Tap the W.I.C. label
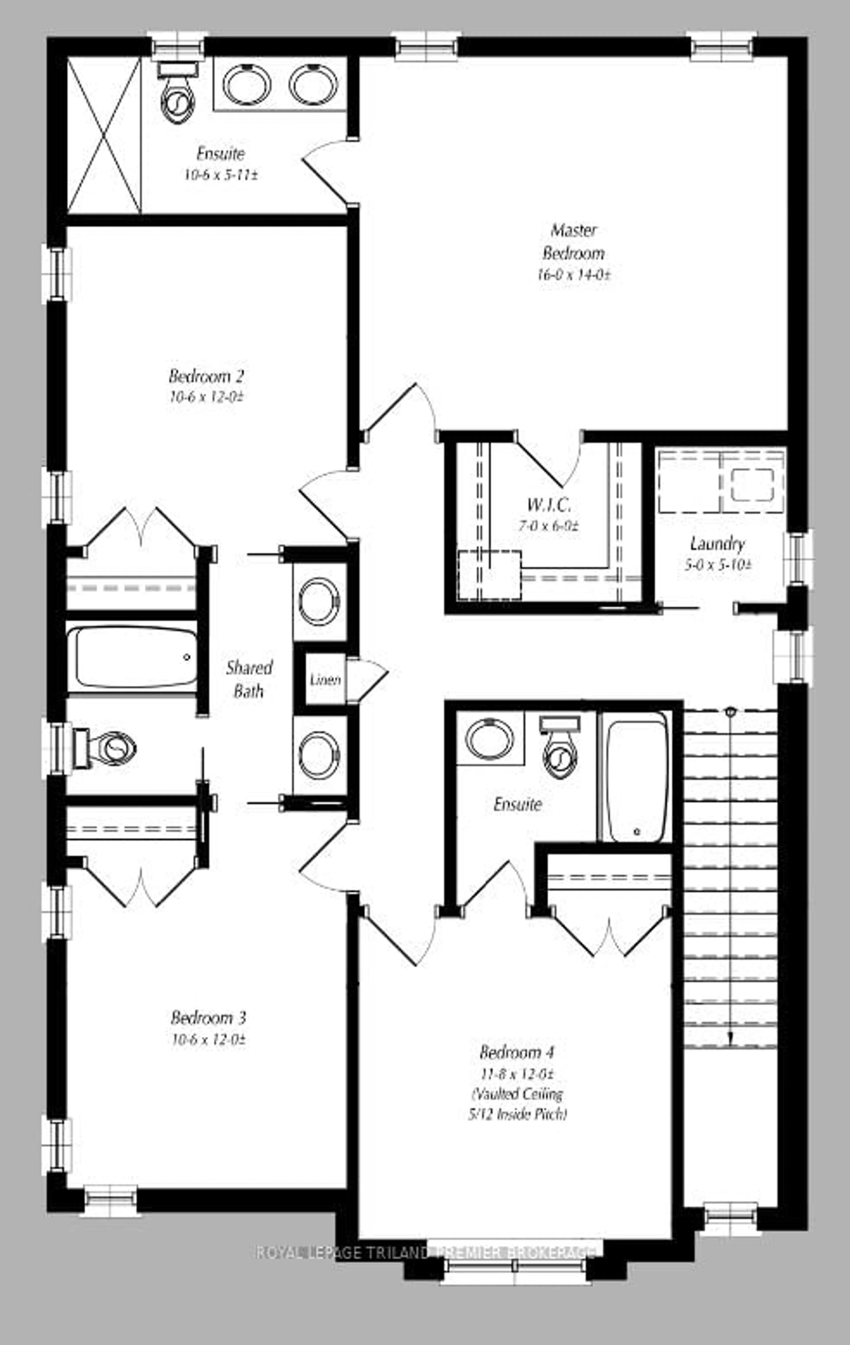(549, 504)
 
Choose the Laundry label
(717, 544)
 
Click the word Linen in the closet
(325, 680)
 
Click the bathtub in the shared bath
(133, 657)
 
